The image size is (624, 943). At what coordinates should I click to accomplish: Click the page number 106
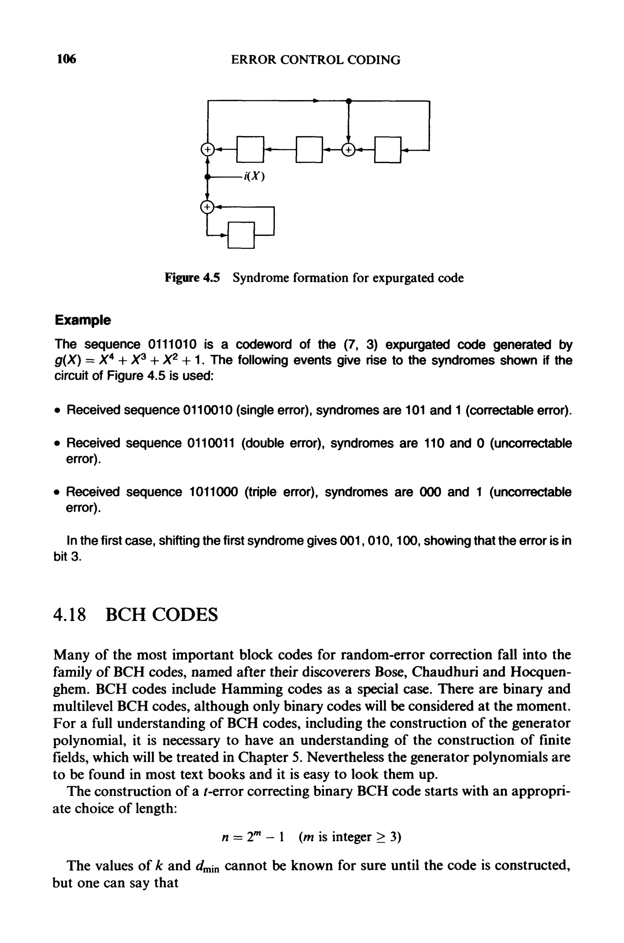pos(66,59)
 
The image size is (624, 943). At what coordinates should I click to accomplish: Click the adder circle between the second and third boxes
pos(348,150)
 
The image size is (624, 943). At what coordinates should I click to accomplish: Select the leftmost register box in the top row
pos(250,150)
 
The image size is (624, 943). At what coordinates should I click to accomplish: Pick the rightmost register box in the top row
pos(387,150)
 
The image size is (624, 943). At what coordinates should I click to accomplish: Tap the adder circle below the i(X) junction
pos(207,207)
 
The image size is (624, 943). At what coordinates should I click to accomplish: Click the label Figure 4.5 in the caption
pos(192,278)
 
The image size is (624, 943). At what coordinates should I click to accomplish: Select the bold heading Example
pos(83,320)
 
